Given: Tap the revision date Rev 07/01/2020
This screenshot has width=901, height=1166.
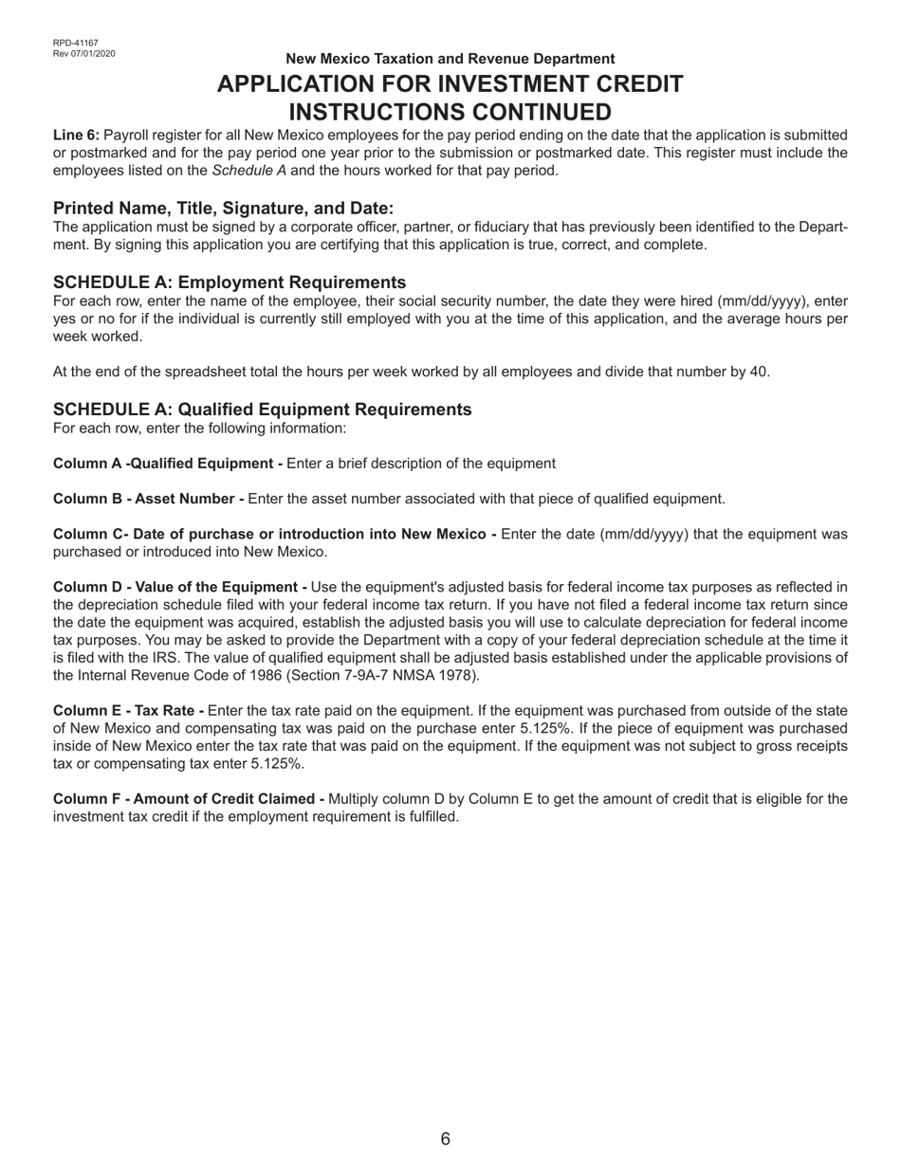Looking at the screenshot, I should click(83, 53).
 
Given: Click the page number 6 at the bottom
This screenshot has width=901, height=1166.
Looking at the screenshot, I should click(446, 1139).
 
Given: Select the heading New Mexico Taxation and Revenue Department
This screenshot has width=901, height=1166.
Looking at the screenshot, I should click(450, 59).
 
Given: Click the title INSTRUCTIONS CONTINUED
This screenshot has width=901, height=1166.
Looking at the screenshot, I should click(450, 112).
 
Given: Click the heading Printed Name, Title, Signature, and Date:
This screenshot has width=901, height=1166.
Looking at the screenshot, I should click(223, 209).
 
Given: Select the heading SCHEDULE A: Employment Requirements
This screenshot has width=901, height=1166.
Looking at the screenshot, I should click(230, 282).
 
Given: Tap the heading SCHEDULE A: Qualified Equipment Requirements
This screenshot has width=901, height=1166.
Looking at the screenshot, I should click(262, 410).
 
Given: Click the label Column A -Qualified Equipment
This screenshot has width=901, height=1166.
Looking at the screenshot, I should click(168, 464).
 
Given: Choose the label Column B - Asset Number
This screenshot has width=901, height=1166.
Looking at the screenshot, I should click(148, 499).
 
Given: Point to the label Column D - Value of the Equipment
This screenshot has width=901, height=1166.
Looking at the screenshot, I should click(179, 587).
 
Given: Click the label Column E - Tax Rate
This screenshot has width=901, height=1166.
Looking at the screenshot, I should click(128, 711).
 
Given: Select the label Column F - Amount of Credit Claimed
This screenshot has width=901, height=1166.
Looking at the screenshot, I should click(189, 799).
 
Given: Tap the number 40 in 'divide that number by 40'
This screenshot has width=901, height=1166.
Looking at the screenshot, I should click(759, 372).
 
